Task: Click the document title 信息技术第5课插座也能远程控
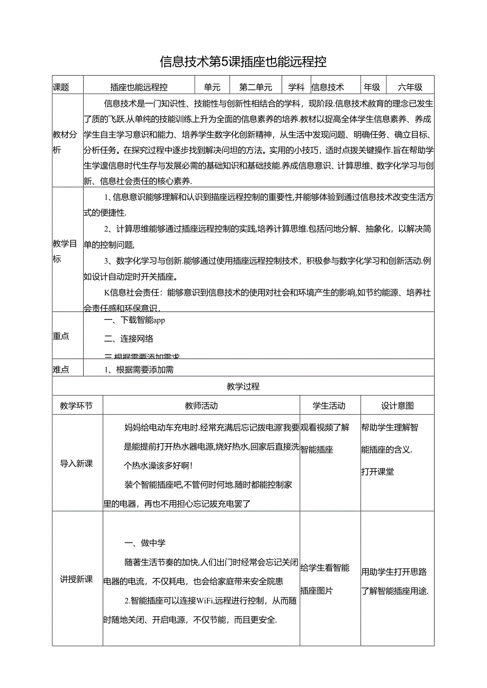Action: (243, 62)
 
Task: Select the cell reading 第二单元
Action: (256, 87)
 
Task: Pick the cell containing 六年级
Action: (410, 87)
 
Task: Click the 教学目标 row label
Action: (65, 251)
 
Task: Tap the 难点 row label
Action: (61, 370)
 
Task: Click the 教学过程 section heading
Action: (243, 386)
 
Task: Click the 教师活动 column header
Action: (201, 406)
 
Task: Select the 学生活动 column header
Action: (329, 406)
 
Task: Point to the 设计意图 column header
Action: (397, 406)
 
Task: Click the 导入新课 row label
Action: (76, 463)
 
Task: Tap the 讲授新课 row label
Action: (76, 579)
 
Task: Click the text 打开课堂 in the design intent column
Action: (377, 472)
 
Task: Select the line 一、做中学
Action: (145, 543)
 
